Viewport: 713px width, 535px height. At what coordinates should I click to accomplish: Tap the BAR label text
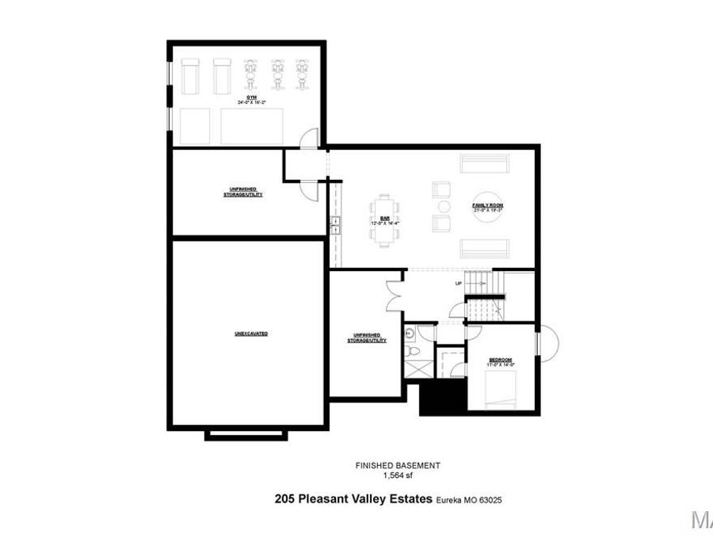click(x=385, y=219)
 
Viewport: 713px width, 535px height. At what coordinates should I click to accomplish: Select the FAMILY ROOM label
click(x=488, y=205)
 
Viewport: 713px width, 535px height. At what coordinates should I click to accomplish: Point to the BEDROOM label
click(x=500, y=360)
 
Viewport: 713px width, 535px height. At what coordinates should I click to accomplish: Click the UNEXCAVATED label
click(x=250, y=334)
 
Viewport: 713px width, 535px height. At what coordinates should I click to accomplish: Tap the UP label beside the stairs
click(x=458, y=283)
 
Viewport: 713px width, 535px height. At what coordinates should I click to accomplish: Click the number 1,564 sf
click(x=397, y=476)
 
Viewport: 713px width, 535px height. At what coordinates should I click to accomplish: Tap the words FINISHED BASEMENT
click(x=397, y=466)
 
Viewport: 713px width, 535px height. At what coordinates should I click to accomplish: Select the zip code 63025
click(x=490, y=500)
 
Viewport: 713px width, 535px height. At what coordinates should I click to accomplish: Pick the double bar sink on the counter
click(x=335, y=225)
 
